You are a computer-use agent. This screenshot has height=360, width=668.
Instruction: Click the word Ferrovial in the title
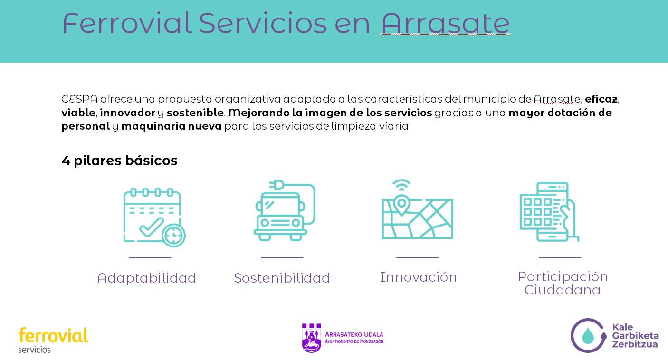click(x=127, y=23)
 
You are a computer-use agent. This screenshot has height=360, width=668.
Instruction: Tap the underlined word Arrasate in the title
click(x=445, y=24)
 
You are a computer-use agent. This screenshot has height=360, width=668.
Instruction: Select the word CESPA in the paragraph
click(x=79, y=99)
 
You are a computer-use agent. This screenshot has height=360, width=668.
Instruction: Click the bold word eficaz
click(x=601, y=99)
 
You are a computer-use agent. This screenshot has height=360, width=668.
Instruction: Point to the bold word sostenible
click(x=195, y=113)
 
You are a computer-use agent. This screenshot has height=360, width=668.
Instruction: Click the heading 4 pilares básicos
click(x=119, y=161)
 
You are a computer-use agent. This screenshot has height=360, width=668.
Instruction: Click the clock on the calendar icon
click(x=173, y=235)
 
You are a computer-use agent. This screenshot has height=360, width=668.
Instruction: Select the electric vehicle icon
click(x=285, y=210)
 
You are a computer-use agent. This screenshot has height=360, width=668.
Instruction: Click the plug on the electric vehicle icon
click(x=276, y=185)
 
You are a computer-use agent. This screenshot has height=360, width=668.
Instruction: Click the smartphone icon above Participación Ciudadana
click(x=549, y=212)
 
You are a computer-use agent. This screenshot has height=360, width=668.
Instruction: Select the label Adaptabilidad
click(x=147, y=278)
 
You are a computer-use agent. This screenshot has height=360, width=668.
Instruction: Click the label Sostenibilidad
click(x=282, y=278)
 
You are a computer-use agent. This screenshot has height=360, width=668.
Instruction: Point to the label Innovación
click(x=418, y=277)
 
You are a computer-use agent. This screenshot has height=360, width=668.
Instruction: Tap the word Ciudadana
click(x=563, y=290)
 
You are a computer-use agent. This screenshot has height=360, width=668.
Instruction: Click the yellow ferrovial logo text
click(x=53, y=335)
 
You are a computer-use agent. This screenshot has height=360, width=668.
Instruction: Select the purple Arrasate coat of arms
click(x=311, y=338)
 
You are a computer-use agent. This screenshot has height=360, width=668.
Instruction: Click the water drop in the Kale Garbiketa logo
click(x=588, y=335)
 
